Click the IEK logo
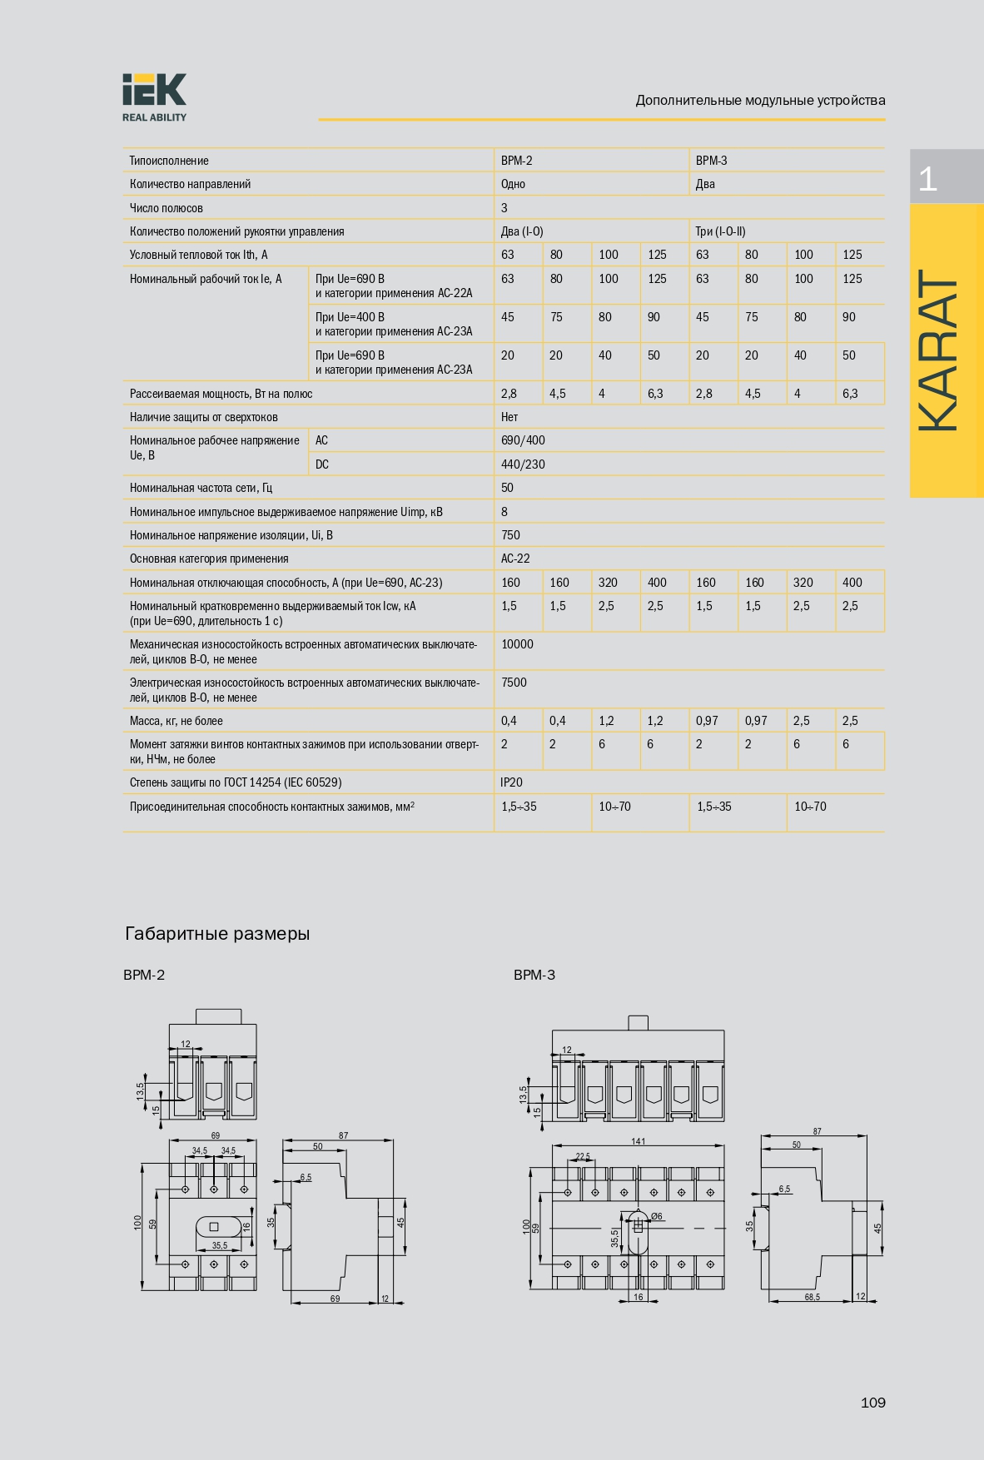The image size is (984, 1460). pyautogui.click(x=154, y=97)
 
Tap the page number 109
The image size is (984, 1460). pyautogui.click(x=872, y=1403)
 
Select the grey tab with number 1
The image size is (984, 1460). pyautogui.click(x=946, y=177)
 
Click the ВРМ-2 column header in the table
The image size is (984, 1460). pyautogui.click(x=516, y=161)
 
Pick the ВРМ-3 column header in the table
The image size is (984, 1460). pyautogui.click(x=711, y=161)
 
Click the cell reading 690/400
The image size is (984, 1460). pyautogui.click(x=523, y=440)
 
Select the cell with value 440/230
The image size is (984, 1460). pyautogui.click(x=523, y=464)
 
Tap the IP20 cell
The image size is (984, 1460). pyautogui.click(x=511, y=782)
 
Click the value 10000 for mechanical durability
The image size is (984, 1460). pyautogui.click(x=517, y=644)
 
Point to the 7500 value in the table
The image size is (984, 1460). pyautogui.click(x=514, y=683)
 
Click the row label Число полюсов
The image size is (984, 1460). pyautogui.click(x=166, y=208)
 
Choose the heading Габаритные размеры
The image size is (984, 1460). pyautogui.click(x=217, y=934)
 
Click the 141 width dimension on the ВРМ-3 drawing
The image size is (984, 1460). pyautogui.click(x=638, y=1141)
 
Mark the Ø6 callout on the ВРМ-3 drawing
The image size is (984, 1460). pyautogui.click(x=657, y=1217)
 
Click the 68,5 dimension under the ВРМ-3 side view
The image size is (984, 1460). pyautogui.click(x=812, y=1297)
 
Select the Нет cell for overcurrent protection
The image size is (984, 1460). pyautogui.click(x=509, y=417)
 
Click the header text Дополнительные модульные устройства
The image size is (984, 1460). pyautogui.click(x=760, y=101)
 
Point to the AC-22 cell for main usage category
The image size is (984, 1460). pyautogui.click(x=515, y=559)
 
